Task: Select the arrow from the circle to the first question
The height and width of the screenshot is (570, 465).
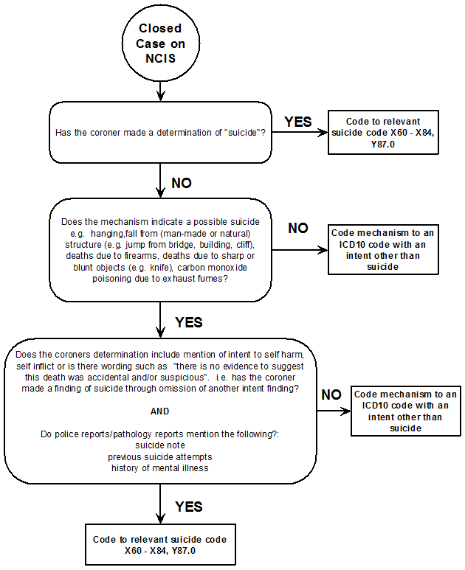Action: tap(160, 91)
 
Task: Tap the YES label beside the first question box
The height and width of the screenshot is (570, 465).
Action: tap(298, 122)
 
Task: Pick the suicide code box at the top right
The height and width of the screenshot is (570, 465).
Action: tap(382, 133)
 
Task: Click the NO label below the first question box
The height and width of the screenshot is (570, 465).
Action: tap(182, 183)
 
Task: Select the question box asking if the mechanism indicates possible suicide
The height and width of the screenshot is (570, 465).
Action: tap(160, 250)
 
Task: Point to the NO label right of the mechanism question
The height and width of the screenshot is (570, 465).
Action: tap(298, 228)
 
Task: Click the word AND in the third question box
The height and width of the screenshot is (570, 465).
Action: tap(160, 411)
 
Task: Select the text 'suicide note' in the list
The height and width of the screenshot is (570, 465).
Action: tap(160, 446)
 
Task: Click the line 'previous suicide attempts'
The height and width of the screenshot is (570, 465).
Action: tap(160, 457)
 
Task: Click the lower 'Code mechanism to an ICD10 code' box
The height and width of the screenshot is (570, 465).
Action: tap(405, 411)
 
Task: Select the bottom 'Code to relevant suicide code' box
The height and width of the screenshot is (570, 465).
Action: tap(160, 545)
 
